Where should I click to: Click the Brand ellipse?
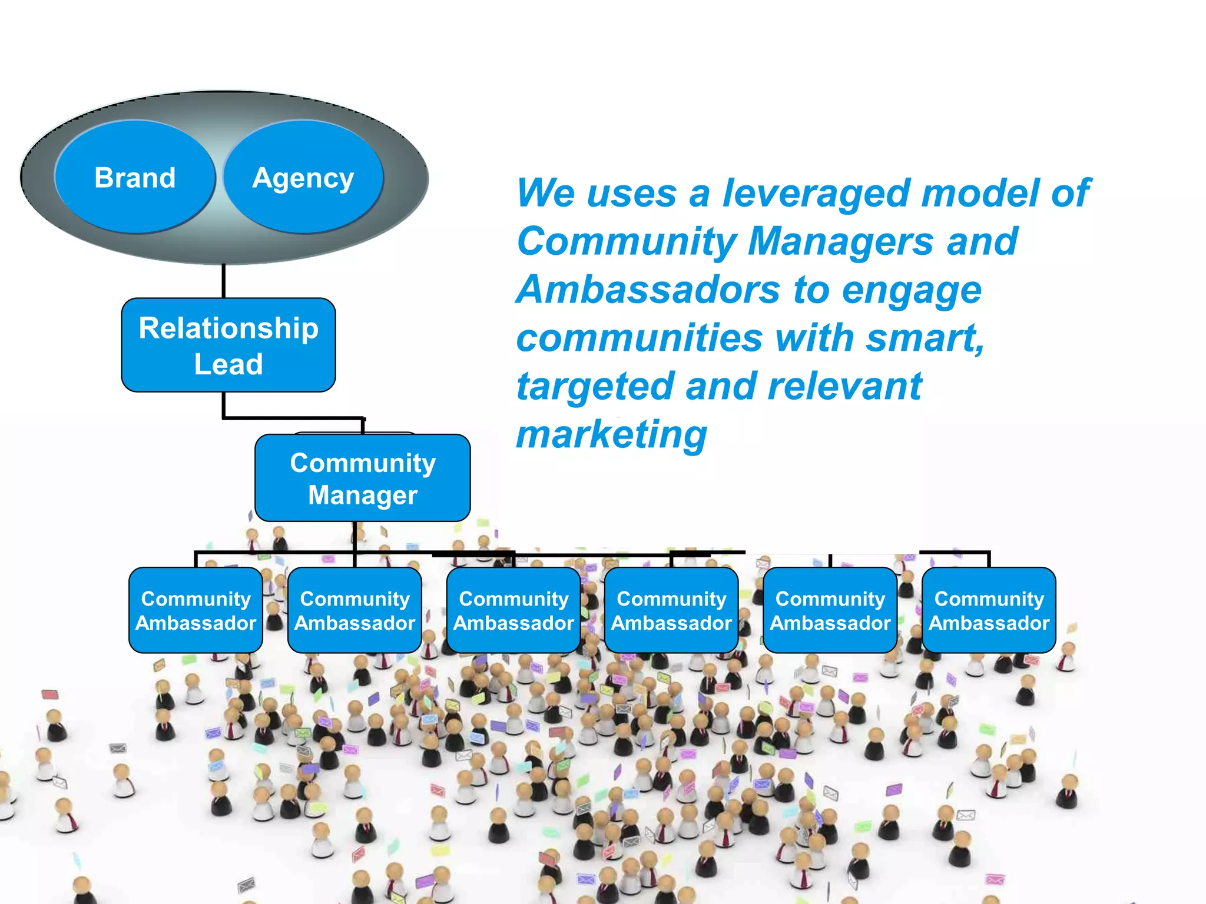135,177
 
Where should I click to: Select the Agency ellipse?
303,177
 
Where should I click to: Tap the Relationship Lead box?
228,345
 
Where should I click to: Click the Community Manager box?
363,478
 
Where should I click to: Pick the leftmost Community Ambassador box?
196,610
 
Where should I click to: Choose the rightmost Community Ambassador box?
989,610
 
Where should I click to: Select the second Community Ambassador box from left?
354,610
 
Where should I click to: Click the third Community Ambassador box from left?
513,610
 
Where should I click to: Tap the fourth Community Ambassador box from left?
671,610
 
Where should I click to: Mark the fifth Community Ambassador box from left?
830,610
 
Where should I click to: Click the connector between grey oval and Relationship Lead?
224,281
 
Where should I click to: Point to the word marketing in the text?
611,436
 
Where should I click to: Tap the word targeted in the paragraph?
595,387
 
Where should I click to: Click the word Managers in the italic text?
841,242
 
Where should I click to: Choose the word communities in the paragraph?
640,338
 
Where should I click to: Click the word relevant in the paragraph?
844,387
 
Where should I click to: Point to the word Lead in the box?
228,364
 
